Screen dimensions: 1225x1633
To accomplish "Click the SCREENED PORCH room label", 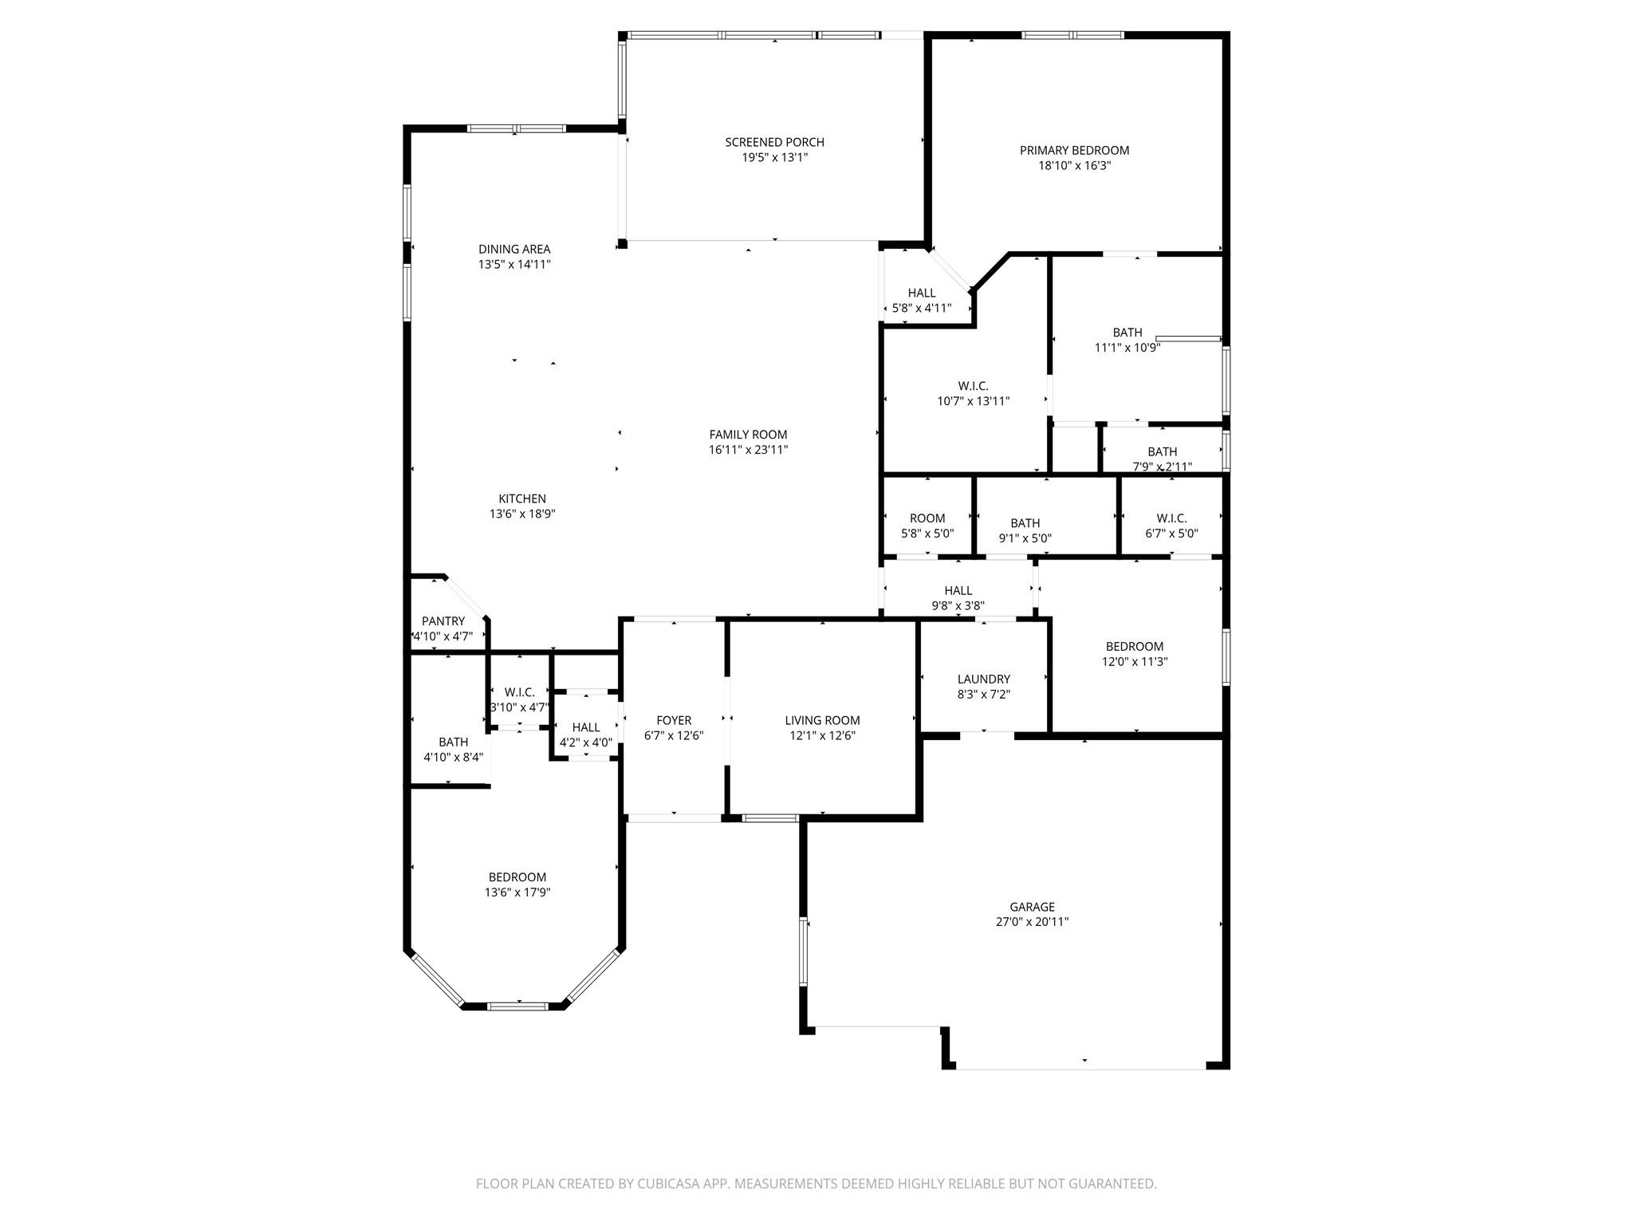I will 774,142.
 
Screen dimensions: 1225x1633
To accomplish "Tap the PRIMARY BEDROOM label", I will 1074,150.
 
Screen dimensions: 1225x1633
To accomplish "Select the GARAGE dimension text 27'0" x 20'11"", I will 1032,922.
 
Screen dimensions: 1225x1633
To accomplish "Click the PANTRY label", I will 443,621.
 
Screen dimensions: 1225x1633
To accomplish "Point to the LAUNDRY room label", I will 983,679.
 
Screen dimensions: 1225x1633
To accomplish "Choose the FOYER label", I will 674,720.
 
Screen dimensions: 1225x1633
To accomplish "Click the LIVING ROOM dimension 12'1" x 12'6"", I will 822,736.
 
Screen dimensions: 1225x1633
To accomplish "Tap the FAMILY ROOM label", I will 748,435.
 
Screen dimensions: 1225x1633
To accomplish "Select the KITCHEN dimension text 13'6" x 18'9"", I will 522,514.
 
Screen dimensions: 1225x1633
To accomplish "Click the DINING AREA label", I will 514,249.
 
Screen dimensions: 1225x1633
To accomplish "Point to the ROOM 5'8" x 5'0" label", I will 927,518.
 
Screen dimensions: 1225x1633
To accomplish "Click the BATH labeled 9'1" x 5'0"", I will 1025,523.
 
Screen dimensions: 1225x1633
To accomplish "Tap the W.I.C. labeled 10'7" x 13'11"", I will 973,386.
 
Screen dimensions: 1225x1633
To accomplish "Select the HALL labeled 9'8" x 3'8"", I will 958,590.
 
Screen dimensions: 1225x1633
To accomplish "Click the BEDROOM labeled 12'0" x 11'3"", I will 1134,646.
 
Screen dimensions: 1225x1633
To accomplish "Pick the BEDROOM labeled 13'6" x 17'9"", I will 517,877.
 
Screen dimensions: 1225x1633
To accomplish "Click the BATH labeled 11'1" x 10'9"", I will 1127,333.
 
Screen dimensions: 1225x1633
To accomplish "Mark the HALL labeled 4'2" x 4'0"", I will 586,727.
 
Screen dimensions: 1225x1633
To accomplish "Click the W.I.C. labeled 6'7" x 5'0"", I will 1171,518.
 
